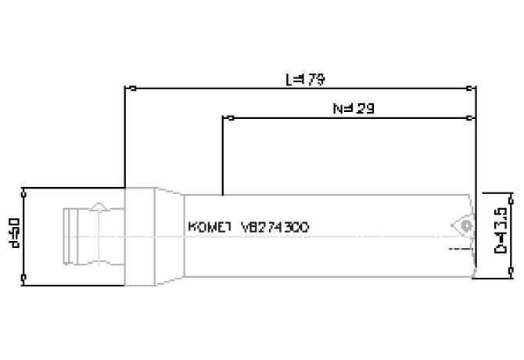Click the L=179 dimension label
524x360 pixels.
305,79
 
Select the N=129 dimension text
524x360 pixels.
354,109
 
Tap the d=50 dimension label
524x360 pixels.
13,232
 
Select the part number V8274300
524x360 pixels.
277,227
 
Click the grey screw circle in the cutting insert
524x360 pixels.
466,225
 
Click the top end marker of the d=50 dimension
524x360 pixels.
25,189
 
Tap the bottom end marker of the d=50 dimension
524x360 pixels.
25,277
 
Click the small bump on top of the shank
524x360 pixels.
99,207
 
